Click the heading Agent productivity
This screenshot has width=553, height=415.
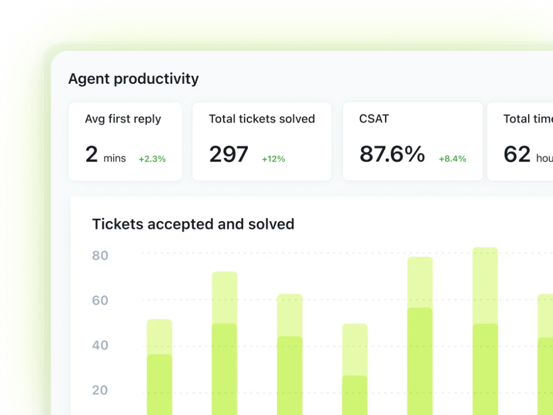pyautogui.click(x=133, y=79)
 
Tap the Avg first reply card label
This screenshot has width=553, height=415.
pyautogui.click(x=123, y=119)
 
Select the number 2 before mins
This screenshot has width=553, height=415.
pyautogui.click(x=91, y=155)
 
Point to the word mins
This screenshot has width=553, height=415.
pyautogui.click(x=114, y=158)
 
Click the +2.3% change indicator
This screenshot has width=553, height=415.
pyautogui.click(x=152, y=159)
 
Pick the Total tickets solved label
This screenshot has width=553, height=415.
pyautogui.click(x=262, y=119)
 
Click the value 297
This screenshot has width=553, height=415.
pyautogui.click(x=228, y=155)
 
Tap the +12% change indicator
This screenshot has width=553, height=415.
pyautogui.click(x=273, y=159)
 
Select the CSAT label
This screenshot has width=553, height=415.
pyautogui.click(x=374, y=119)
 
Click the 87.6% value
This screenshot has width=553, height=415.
pyautogui.click(x=392, y=155)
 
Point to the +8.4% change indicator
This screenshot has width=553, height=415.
pyautogui.click(x=452, y=159)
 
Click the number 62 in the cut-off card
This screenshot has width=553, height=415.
pyautogui.click(x=517, y=155)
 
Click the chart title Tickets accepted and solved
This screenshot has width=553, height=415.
pyautogui.click(x=193, y=224)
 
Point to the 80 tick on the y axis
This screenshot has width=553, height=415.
pyautogui.click(x=100, y=256)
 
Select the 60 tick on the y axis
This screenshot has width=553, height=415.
pyautogui.click(x=100, y=300)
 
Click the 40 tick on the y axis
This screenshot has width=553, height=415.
pyautogui.click(x=100, y=345)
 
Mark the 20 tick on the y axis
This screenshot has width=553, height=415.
pyautogui.click(x=100, y=390)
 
